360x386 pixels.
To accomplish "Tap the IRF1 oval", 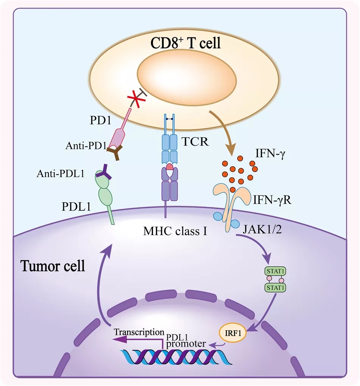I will (232, 334).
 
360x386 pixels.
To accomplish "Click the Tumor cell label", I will (53, 266).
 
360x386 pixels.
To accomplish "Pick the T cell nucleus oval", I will (187, 83).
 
